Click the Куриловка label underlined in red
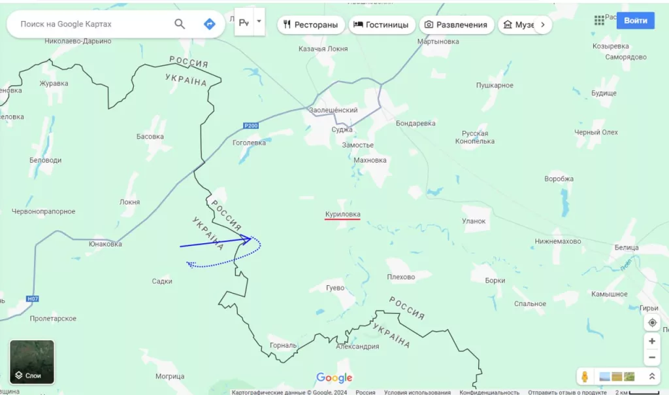pos(342,214)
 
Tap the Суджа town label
pos(342,129)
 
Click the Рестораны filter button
pos(311,25)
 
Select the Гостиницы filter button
pos(382,25)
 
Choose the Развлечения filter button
pos(456,25)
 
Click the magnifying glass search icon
pos(180,24)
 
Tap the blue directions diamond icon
pos(209,24)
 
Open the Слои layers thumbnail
pos(32,362)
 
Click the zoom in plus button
pos(652,341)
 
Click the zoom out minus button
pos(652,358)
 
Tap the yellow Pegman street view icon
pos(585,376)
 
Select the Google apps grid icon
pos(599,20)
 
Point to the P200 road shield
pos(251,126)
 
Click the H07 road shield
pos(33,299)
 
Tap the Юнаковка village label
pos(105,244)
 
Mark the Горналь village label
pos(283,345)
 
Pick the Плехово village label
pos(400,277)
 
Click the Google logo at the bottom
pos(334,378)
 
